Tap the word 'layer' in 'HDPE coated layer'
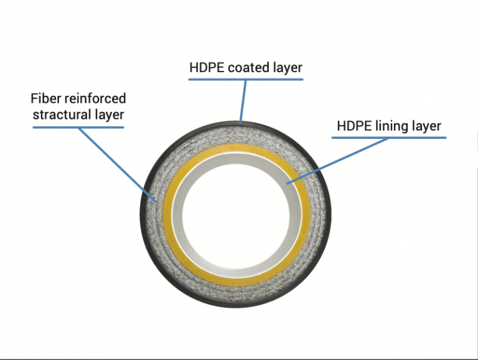tap(287, 67)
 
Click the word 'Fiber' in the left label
tap(45, 98)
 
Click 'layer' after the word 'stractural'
tap(110, 114)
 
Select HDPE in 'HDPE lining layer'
tap(354, 126)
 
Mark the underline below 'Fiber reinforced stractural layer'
tap(78, 128)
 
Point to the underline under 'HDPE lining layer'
tap(388, 138)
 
